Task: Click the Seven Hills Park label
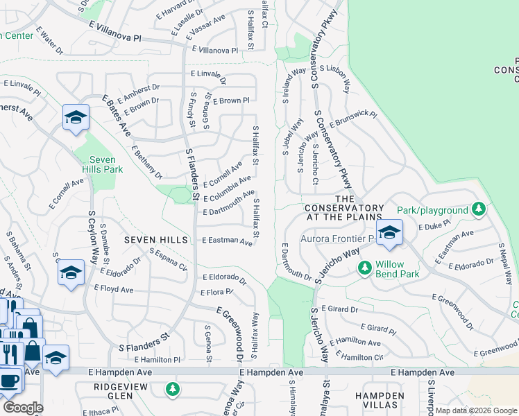click(x=103, y=164)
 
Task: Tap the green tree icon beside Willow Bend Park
click(x=364, y=268)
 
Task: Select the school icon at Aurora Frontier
click(x=389, y=232)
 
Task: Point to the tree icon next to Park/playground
click(x=477, y=209)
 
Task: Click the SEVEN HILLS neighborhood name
click(x=156, y=240)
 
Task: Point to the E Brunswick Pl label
click(x=353, y=119)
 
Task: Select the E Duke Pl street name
click(x=435, y=226)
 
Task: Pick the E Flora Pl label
click(x=217, y=291)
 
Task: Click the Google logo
click(x=22, y=408)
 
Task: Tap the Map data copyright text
click(x=476, y=410)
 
